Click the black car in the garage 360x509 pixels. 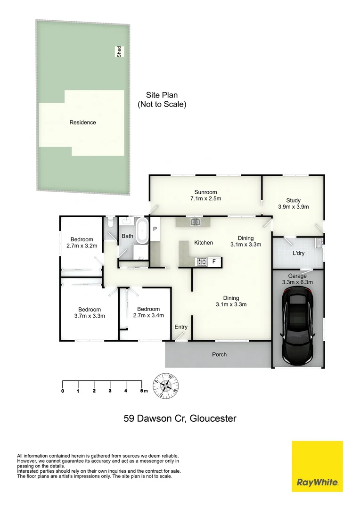[x=298, y=328]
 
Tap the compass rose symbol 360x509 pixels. [x=166, y=386]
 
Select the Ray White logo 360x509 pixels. [x=317, y=466]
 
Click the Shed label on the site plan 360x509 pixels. [x=119, y=52]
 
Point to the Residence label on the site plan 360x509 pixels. [x=83, y=123]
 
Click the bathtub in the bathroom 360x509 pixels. [x=142, y=231]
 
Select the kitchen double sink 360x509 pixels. [x=196, y=222]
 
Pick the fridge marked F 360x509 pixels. [x=214, y=261]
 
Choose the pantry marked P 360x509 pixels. [x=155, y=229]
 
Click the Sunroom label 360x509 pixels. [x=206, y=192]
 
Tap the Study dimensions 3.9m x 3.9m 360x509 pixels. [x=294, y=207]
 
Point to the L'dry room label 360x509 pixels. [x=298, y=253]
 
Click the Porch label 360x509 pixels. [x=220, y=354]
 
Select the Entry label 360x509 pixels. [x=181, y=327]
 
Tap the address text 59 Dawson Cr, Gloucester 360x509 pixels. [x=180, y=419]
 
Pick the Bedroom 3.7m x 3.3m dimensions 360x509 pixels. [x=90, y=316]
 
